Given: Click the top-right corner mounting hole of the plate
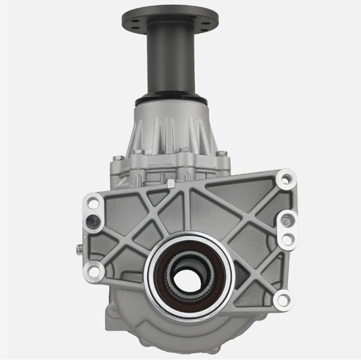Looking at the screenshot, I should [x=284, y=181].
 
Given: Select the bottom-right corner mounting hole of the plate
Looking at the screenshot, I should [x=281, y=301].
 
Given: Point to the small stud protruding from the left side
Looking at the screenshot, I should [x=77, y=249].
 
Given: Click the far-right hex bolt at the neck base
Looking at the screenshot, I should [x=222, y=155].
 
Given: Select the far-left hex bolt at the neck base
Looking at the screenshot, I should [x=117, y=159].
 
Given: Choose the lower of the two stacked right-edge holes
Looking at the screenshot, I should [x=287, y=240].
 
